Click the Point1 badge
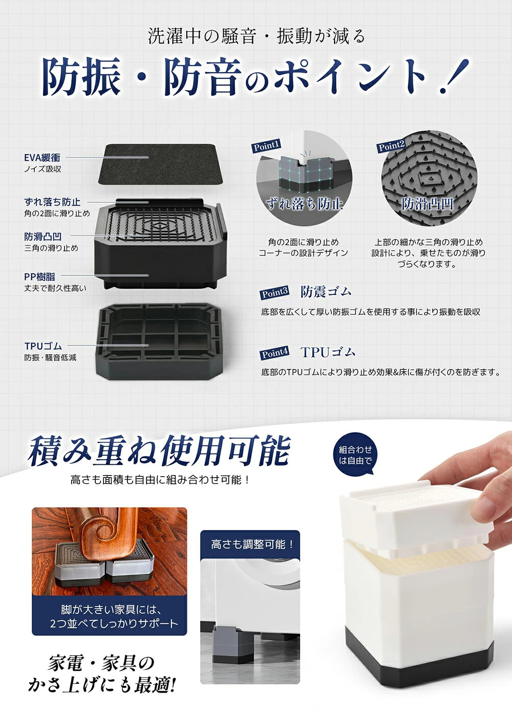(x=266, y=146)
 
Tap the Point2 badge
(x=391, y=146)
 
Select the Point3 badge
(x=275, y=293)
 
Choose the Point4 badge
(x=275, y=353)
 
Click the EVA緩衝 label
(x=42, y=158)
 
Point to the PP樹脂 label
(x=39, y=276)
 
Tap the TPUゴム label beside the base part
(x=43, y=346)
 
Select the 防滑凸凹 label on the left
(x=43, y=236)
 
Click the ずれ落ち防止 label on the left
(x=52, y=202)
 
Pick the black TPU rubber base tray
(x=161, y=340)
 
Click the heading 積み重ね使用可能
(x=159, y=451)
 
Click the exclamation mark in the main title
(x=453, y=77)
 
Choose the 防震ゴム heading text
(x=326, y=292)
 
